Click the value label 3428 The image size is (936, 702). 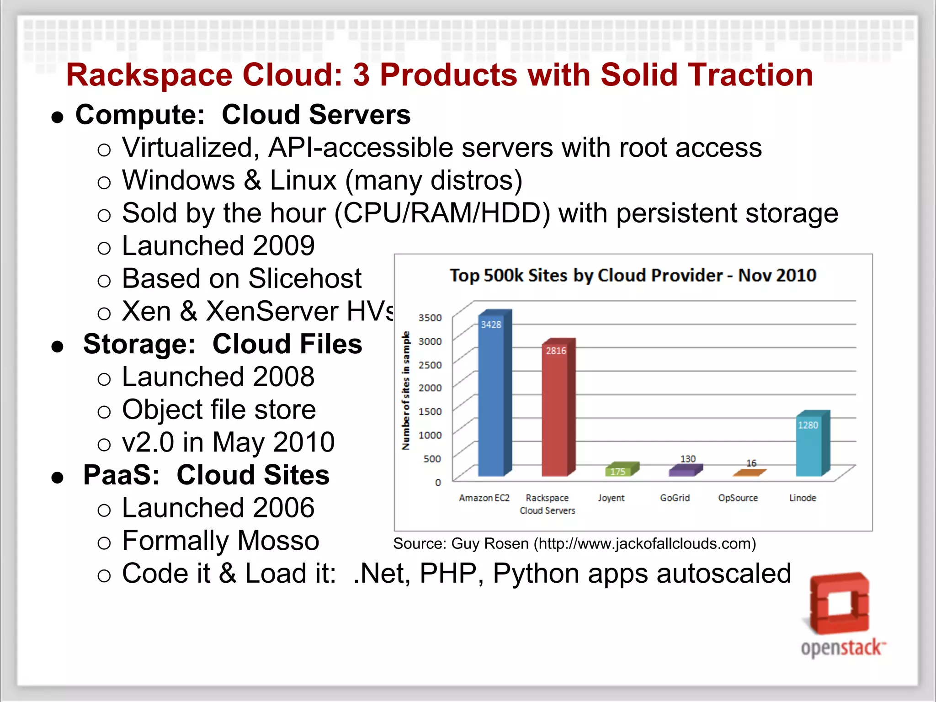[491, 325]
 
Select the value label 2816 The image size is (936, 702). [556, 351]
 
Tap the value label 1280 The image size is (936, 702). [808, 425]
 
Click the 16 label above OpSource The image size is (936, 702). [751, 463]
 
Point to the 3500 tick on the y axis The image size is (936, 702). [430, 318]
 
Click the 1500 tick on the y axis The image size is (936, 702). [430, 411]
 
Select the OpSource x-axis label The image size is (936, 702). [738, 498]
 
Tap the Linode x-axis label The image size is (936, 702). [803, 498]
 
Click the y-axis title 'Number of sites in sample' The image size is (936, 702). [406, 391]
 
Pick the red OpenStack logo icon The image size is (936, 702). [839, 603]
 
